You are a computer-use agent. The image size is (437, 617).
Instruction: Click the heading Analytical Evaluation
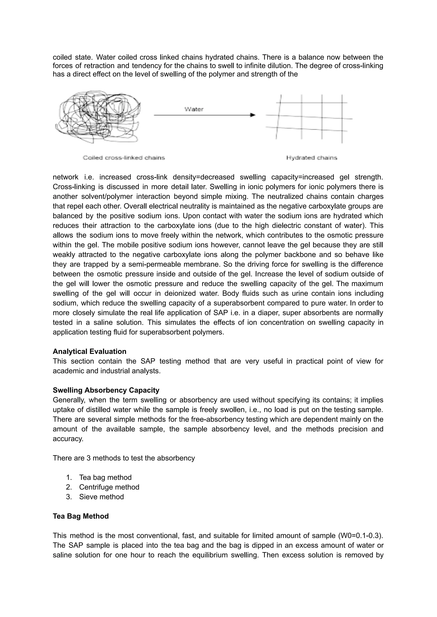[x=89, y=351]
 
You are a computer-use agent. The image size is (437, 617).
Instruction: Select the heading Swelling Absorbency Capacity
[x=106, y=390]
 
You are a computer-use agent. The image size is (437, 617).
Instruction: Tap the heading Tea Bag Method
[x=81, y=516]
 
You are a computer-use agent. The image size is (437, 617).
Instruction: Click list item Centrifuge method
[x=109, y=487]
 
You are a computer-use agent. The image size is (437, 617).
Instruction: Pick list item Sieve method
[x=101, y=497]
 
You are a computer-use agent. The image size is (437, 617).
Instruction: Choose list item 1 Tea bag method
[x=105, y=477]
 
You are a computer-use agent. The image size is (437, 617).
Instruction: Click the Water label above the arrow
[x=194, y=109]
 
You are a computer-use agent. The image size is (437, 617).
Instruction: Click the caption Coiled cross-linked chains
[x=124, y=158]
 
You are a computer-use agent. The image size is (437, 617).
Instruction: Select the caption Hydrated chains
[x=312, y=158]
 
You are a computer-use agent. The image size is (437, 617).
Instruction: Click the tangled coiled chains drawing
[x=98, y=117]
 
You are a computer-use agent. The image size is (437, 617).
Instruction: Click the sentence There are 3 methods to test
[x=124, y=458]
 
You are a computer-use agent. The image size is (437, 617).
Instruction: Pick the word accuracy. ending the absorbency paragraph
[x=68, y=439]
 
